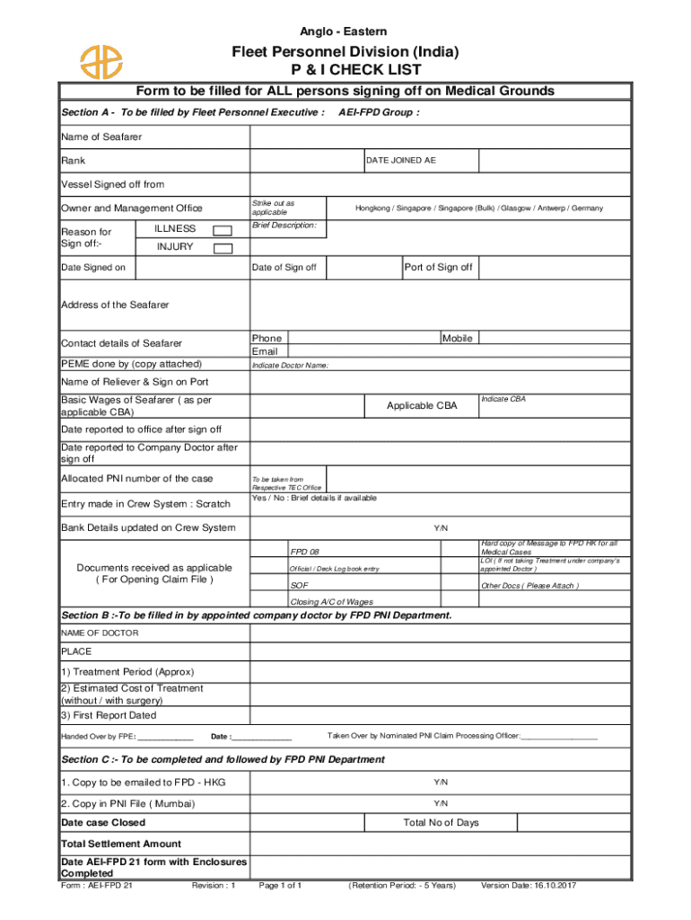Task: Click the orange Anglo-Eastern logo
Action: (101, 60)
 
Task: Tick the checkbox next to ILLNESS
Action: (222, 230)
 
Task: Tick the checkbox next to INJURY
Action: (222, 248)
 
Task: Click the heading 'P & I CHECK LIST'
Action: (345, 70)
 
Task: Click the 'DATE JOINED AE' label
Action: (400, 161)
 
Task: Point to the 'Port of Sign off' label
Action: (438, 268)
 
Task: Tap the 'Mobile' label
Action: (457, 338)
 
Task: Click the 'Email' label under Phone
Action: (265, 351)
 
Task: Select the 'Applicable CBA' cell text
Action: (422, 406)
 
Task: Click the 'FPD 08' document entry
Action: (304, 551)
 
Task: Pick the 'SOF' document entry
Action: (297, 586)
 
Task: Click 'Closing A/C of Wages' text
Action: (331, 602)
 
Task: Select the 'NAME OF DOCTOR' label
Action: (100, 633)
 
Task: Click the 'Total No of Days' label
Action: (441, 823)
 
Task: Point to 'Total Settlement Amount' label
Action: (120, 844)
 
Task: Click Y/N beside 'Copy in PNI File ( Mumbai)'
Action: (441, 803)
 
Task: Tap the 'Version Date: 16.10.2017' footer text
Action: (529, 886)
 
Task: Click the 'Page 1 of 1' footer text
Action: (280, 886)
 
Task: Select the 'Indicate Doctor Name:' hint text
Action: (290, 366)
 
